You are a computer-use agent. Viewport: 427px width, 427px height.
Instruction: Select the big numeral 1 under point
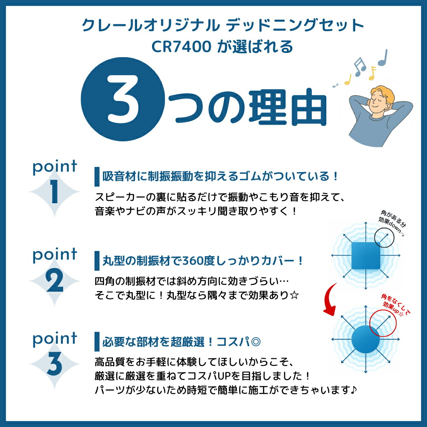point(54,192)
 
